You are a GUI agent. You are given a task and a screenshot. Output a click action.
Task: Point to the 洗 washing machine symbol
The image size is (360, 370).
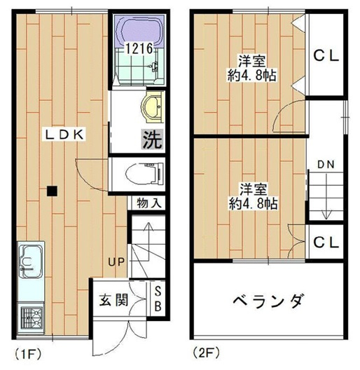(153, 139)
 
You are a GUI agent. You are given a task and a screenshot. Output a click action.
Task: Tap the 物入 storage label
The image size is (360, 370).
(148, 203)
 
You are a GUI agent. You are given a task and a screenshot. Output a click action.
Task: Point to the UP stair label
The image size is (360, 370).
(116, 262)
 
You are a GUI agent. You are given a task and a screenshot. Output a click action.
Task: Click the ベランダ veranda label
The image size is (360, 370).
(268, 301)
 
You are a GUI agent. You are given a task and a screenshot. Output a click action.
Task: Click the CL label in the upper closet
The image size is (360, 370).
(326, 56)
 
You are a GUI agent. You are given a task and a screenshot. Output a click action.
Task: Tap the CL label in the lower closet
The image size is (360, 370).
(326, 242)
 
